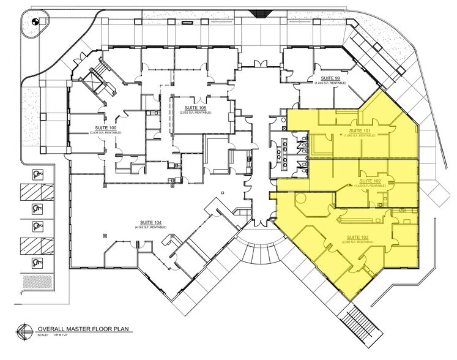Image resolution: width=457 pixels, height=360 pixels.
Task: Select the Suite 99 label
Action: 325,79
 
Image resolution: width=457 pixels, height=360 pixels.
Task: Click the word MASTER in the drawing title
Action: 80,328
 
